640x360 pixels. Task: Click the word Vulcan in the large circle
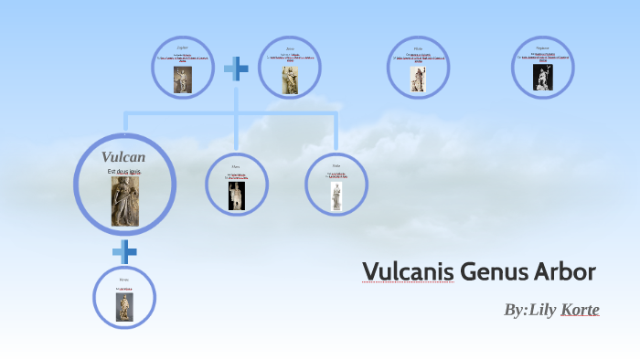123,157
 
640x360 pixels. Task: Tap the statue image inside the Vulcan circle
123,201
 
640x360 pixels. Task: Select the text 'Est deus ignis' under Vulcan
123,172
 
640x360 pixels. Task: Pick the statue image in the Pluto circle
418,79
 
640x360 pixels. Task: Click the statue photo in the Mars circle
237,196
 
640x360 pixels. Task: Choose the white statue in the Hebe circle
336,196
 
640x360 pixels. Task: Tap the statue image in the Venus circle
124,305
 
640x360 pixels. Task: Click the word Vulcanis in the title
407,272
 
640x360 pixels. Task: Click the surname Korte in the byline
580,310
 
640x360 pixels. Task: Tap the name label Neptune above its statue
542,47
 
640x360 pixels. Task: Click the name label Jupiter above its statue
182,46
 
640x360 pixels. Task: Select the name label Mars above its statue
237,167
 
